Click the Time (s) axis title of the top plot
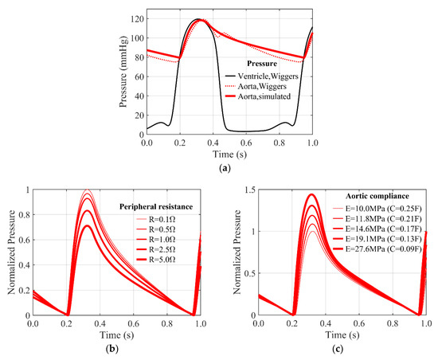click(x=229, y=153)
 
